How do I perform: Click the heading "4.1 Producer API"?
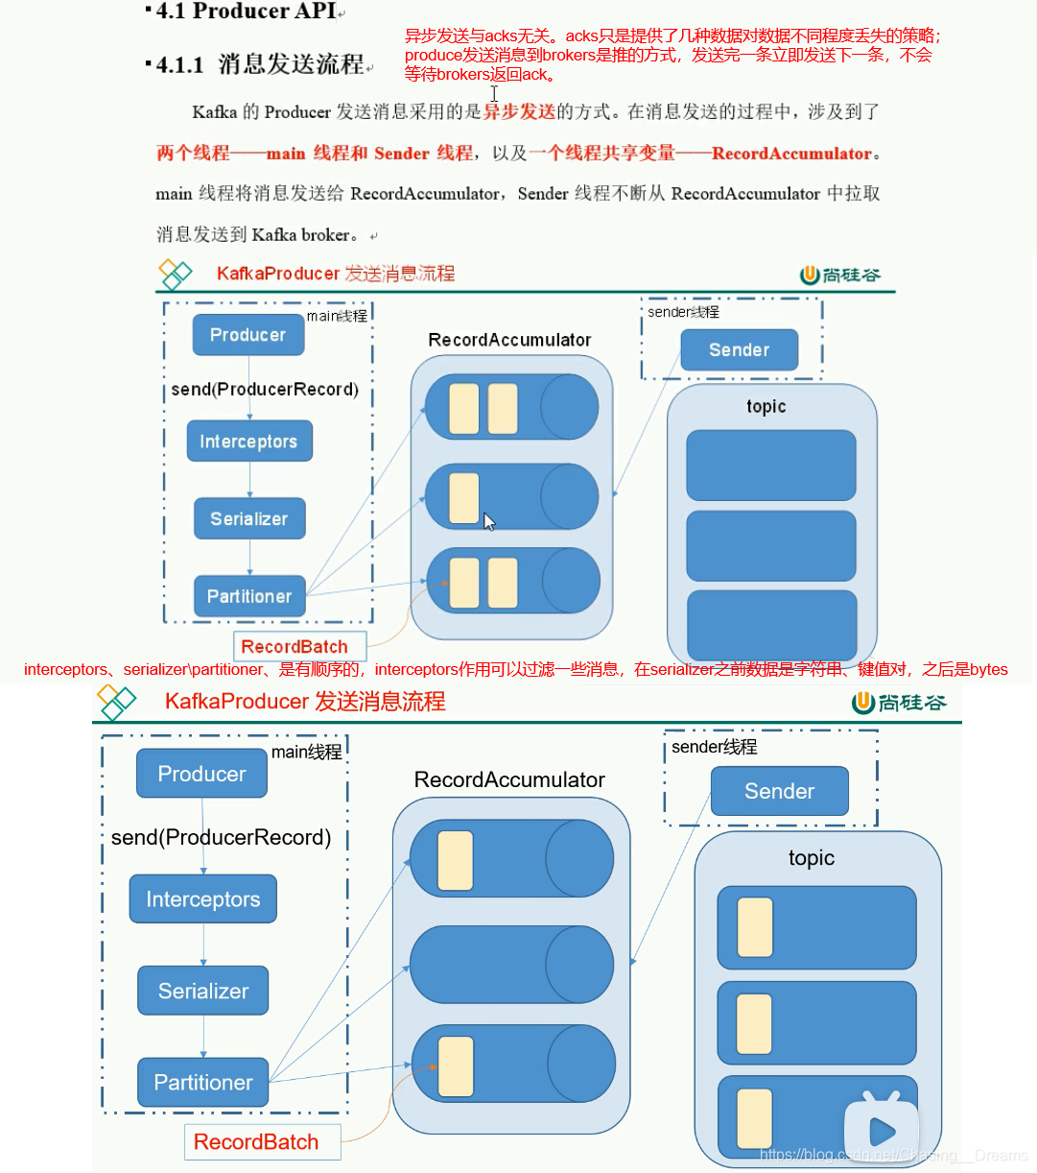click(246, 12)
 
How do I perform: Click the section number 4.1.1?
click(180, 65)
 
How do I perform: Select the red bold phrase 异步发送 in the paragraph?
click(519, 111)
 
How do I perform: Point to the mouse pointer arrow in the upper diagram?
click(489, 521)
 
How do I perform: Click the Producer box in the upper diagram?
click(248, 335)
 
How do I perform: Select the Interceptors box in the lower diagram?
click(203, 899)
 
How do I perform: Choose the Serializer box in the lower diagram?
click(203, 991)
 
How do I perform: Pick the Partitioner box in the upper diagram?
click(249, 596)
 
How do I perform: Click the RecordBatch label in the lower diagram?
click(256, 1142)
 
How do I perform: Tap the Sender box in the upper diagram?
click(739, 350)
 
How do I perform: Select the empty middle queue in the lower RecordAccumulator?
click(511, 965)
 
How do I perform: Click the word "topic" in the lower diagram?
click(812, 858)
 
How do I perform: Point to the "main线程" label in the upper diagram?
click(337, 316)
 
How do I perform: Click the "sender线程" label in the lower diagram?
click(715, 747)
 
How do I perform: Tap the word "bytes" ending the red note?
click(989, 669)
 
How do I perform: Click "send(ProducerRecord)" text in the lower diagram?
click(222, 838)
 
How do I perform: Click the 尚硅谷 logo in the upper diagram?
click(840, 275)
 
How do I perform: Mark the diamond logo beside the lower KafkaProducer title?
click(116, 703)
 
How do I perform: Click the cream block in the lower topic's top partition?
click(755, 927)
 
